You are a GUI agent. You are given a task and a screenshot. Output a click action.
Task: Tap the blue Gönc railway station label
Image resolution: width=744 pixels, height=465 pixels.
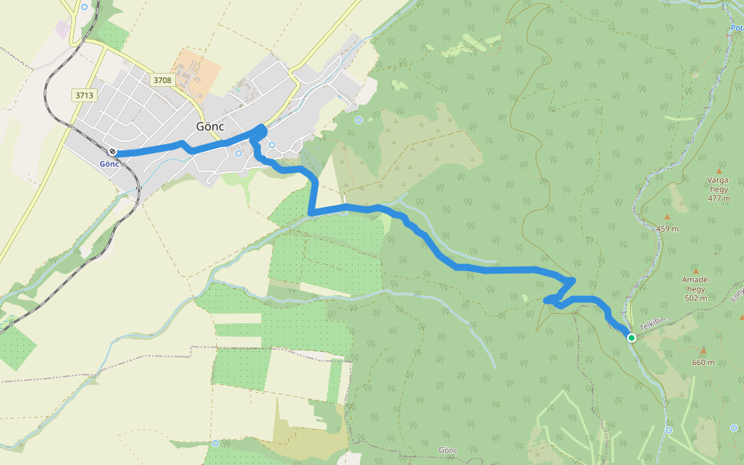(x=109, y=164)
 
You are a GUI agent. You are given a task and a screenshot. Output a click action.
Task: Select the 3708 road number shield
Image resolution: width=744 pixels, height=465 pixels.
(x=162, y=80)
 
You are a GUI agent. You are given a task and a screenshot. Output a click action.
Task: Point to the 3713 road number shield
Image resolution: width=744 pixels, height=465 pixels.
(x=84, y=95)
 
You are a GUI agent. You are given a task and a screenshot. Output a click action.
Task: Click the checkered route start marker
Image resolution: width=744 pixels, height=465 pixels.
(x=113, y=151)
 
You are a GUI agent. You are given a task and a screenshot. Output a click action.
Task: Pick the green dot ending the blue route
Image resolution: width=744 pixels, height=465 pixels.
(x=632, y=337)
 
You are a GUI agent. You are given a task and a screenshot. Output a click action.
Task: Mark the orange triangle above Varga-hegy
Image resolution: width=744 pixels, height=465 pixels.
(x=718, y=170)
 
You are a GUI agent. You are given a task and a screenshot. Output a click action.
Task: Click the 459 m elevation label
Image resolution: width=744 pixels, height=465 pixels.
(x=667, y=229)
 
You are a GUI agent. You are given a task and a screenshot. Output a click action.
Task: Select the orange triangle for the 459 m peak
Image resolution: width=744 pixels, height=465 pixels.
(x=667, y=217)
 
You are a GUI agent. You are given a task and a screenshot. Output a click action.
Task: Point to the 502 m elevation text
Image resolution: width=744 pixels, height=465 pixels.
(x=696, y=298)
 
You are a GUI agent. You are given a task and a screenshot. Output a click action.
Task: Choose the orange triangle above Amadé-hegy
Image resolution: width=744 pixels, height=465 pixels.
(x=695, y=270)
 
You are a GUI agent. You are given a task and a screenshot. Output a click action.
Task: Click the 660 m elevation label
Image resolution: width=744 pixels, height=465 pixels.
(x=703, y=362)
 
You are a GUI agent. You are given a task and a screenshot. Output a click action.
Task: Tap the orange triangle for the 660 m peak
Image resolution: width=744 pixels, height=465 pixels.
(x=703, y=350)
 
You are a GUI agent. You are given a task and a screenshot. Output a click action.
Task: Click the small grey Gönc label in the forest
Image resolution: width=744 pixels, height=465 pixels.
(x=448, y=450)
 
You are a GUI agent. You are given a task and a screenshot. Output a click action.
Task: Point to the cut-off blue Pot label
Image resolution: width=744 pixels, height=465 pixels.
(x=737, y=28)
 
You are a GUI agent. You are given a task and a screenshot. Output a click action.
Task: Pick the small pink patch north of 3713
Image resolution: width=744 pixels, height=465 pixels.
(x=62, y=29)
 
